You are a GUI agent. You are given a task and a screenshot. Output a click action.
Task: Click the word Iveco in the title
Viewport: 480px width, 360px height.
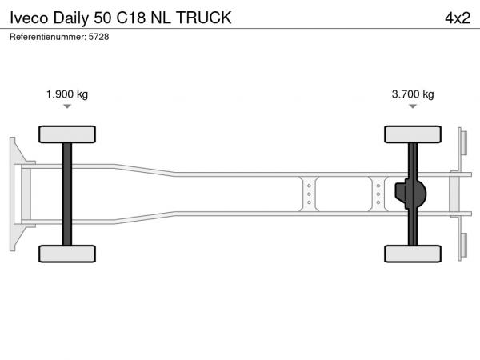click(x=29, y=18)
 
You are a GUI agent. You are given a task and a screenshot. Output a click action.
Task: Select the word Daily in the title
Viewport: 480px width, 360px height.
click(x=71, y=18)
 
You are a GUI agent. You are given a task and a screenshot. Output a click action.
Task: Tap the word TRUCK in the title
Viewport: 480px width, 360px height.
click(x=203, y=18)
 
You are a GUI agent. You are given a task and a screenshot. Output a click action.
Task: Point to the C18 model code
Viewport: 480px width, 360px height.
click(x=131, y=18)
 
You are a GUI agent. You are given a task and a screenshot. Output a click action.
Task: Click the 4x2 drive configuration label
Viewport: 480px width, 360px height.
click(x=458, y=18)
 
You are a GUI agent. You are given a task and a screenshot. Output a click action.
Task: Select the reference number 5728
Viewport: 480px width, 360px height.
click(x=99, y=37)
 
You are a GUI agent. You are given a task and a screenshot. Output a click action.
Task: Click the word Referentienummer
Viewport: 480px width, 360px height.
click(x=48, y=37)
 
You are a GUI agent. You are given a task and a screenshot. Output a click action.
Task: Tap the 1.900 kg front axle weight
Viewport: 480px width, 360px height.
click(x=67, y=94)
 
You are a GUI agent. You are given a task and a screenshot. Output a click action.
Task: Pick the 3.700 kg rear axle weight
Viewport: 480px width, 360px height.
click(x=413, y=94)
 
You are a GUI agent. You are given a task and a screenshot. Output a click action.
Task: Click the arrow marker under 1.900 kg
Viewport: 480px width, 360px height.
click(x=67, y=106)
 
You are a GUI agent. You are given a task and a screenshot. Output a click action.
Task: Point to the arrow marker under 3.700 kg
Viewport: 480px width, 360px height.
click(x=413, y=106)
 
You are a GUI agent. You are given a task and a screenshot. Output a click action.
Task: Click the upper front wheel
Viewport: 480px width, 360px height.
click(x=67, y=134)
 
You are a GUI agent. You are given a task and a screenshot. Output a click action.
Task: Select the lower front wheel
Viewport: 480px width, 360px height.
click(x=67, y=254)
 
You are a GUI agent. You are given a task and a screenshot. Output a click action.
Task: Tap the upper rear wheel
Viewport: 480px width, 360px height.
click(x=413, y=134)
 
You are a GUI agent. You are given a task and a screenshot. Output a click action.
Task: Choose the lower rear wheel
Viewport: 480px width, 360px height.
click(x=413, y=254)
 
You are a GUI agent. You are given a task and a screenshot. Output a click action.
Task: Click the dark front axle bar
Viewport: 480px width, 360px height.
click(x=67, y=194)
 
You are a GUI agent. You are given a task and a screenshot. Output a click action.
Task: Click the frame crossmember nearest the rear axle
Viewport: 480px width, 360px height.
click(x=378, y=194)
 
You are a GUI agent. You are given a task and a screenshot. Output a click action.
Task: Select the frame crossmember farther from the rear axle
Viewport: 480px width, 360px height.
click(x=309, y=194)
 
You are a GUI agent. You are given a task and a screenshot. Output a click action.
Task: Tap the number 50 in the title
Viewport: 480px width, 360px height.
click(x=102, y=18)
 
